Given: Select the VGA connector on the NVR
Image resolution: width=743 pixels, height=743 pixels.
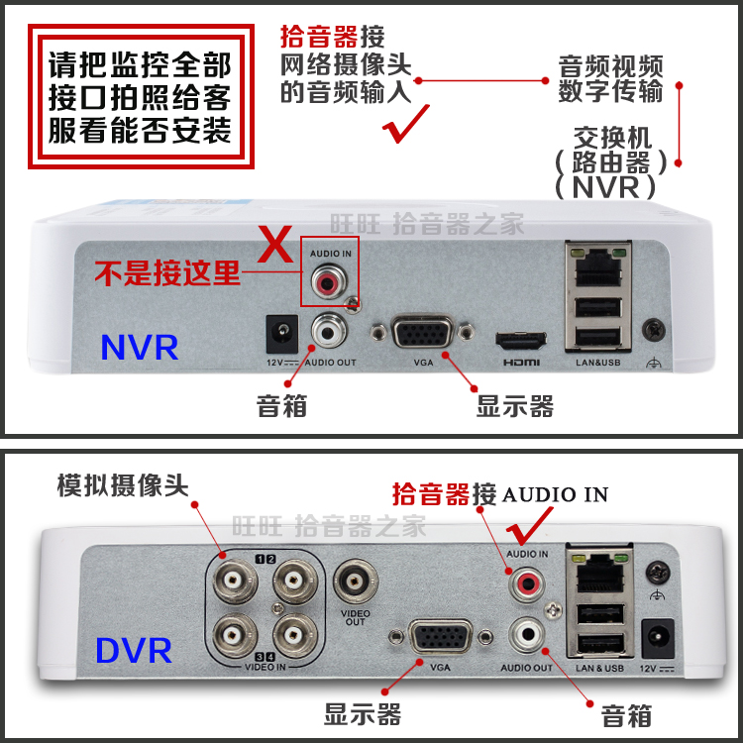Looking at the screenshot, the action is tap(424, 331).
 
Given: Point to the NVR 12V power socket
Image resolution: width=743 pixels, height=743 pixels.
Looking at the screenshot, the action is tap(277, 334).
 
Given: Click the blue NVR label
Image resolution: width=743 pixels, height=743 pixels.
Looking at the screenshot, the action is tap(139, 347).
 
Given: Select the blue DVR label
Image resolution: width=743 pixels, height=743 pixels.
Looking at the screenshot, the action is tap(134, 651).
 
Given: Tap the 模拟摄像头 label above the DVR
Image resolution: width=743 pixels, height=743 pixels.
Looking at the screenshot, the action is tap(122, 485).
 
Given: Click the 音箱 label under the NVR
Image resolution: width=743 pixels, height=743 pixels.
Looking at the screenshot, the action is tap(281, 405).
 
